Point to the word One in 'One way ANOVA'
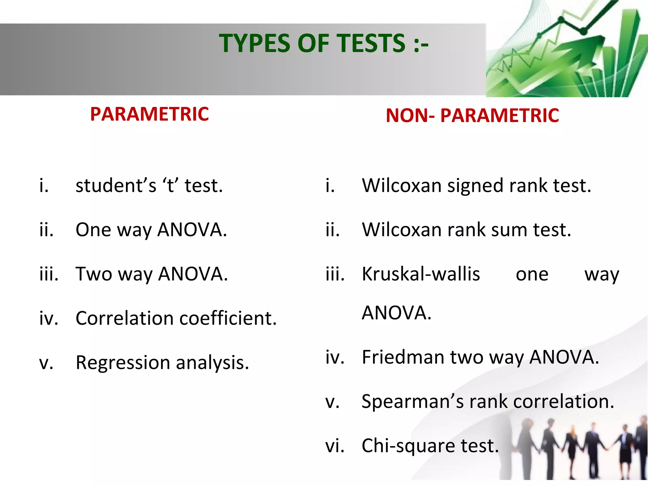click(93, 230)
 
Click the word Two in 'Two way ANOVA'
click(94, 274)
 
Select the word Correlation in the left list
click(125, 318)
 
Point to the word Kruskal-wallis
click(421, 274)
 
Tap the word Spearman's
click(413, 402)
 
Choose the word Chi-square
click(408, 446)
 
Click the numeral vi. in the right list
click(335, 446)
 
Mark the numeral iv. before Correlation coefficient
click(49, 318)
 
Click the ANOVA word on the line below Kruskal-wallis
click(396, 313)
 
